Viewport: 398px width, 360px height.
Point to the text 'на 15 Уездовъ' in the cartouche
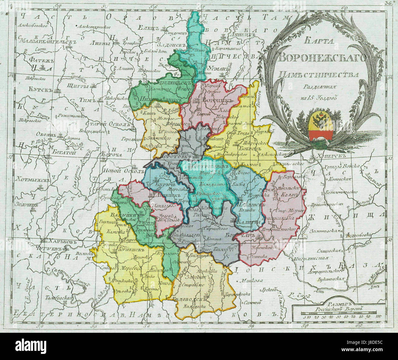click(318, 98)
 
